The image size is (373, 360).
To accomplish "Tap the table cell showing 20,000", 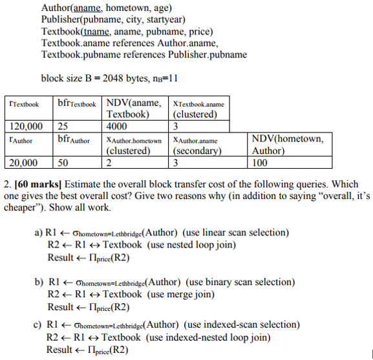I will coord(23,162).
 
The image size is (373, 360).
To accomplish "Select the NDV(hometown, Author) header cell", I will coord(288,145).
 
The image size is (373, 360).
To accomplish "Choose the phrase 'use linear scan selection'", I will coord(235,233).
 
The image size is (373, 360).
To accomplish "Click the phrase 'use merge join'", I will coord(181,294).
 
